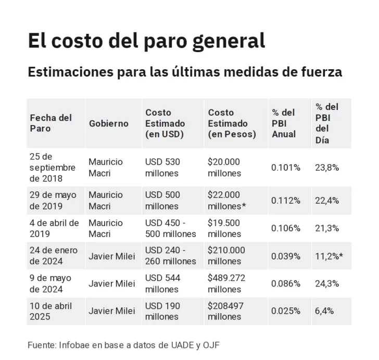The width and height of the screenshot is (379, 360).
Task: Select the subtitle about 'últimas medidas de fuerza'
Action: pos(185,71)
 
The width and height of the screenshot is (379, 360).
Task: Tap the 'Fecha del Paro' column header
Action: pos(50,123)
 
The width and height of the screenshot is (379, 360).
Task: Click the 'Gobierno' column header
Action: pos(108,123)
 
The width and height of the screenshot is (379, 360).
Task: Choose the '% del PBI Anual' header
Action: pos(284,123)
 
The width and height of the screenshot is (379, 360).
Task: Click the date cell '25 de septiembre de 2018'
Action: pos(53,167)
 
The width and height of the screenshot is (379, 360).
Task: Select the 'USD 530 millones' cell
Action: pos(162,167)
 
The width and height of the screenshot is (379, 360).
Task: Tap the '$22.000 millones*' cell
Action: pos(227,201)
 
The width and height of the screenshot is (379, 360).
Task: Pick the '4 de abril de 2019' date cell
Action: pos(54,228)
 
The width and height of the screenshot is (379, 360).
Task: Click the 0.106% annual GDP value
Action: pos(286,228)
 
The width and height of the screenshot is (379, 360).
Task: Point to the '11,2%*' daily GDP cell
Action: pos(330,256)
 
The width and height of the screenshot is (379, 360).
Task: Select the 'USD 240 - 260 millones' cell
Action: pos(170,256)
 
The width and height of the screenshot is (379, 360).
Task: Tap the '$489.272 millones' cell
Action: pos(227,283)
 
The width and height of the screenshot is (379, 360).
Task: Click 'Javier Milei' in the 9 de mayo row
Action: pos(111,283)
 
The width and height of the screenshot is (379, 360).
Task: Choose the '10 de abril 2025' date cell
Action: pos(51,311)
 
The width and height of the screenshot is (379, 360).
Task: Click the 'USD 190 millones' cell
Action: pos(162,311)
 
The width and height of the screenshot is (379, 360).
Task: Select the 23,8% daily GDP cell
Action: pos(327,167)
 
